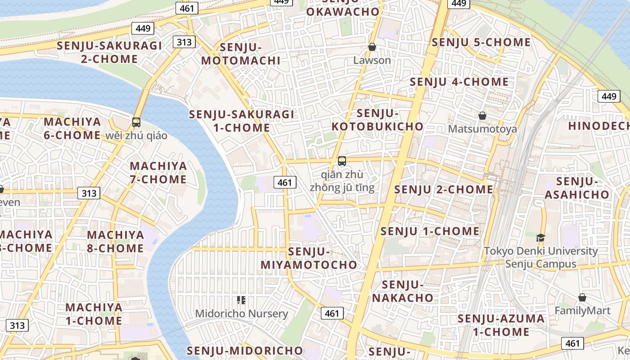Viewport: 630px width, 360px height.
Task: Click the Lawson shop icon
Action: tap(372, 47)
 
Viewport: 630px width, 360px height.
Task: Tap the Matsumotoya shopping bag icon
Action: tap(482, 116)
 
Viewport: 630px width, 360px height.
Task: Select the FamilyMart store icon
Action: tap(582, 297)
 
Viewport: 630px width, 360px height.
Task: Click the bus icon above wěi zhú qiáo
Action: tap(136, 122)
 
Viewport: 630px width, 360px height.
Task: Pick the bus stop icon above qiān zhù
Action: tap(342, 161)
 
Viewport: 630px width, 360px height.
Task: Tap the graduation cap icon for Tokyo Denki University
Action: tap(540, 238)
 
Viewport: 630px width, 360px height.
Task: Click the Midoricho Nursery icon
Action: tap(241, 300)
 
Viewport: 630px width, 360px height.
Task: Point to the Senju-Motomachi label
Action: tap(241, 54)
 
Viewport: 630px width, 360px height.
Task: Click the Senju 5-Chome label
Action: tap(481, 42)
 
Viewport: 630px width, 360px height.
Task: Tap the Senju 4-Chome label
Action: tap(459, 82)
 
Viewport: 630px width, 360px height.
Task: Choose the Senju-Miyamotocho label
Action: tap(309, 258)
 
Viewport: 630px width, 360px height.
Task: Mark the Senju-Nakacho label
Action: tap(402, 291)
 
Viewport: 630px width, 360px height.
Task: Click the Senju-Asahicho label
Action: tap(576, 188)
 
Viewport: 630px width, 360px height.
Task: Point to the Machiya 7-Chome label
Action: tap(158, 173)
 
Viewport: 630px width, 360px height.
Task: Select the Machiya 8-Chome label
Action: tap(115, 241)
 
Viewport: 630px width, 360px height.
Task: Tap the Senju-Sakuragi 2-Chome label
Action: tap(109, 52)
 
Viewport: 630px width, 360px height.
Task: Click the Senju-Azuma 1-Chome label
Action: tap(501, 325)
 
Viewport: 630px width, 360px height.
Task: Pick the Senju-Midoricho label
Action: tap(245, 350)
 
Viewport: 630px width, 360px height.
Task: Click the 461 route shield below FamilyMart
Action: tap(572, 343)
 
